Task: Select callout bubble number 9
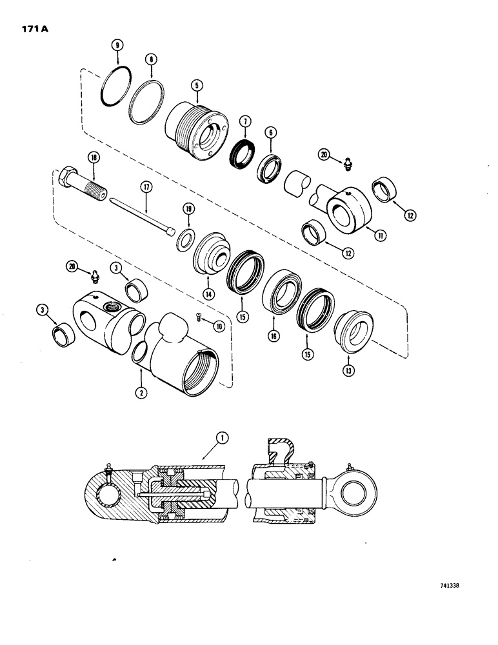pos(116,45)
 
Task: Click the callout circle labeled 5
pos(194,84)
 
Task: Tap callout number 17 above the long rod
pos(146,188)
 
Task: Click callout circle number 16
pos(274,336)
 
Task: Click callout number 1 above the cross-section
pos(223,439)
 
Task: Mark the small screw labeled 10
pos(200,316)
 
